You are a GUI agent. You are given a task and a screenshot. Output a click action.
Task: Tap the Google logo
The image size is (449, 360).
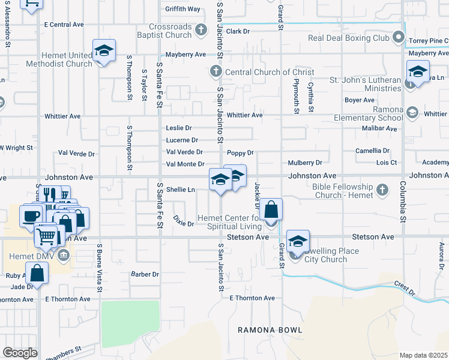[x=20, y=353]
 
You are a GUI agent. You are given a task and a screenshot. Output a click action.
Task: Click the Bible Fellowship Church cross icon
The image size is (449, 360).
[x=382, y=191]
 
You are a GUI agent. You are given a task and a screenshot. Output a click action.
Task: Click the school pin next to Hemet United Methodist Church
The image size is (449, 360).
[x=104, y=50]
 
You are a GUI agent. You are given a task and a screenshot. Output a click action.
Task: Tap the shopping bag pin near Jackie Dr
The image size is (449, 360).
[x=271, y=210]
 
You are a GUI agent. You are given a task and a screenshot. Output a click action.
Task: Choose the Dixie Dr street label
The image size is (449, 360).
[x=183, y=221]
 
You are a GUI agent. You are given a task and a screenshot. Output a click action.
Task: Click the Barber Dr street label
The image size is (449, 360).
[x=145, y=274]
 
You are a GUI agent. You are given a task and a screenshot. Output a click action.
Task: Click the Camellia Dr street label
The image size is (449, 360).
[x=372, y=151]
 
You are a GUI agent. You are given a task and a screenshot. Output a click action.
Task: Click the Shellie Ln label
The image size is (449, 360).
[x=181, y=190]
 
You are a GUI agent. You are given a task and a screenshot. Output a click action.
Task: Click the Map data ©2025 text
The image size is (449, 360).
[x=423, y=355]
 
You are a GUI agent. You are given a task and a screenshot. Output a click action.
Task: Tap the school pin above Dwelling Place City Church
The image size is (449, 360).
[x=298, y=241]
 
